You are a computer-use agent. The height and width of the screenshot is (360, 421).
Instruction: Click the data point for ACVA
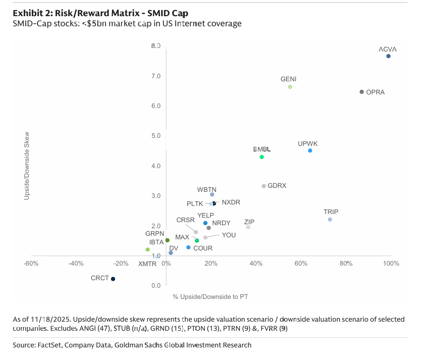tap(388, 56)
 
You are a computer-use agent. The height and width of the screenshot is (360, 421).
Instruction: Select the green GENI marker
tap(290, 87)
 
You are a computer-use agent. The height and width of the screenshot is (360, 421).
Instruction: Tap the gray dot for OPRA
tap(361, 92)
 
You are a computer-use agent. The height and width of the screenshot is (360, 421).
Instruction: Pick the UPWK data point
tap(310, 150)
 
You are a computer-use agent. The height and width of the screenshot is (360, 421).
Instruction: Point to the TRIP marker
tap(330, 220)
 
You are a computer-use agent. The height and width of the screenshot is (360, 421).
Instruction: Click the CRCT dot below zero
tap(113, 279)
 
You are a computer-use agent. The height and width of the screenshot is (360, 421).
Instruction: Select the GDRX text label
tap(277, 186)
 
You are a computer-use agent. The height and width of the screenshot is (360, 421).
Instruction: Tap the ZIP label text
tap(249, 222)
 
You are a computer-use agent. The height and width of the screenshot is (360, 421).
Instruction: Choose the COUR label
tap(203, 248)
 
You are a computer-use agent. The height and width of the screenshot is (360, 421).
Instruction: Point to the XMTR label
tap(148, 264)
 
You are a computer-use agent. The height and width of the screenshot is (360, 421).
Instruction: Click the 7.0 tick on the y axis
tap(155, 76)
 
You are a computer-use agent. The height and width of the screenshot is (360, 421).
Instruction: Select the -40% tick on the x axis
tap(76, 264)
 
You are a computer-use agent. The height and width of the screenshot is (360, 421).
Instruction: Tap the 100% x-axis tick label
tap(391, 264)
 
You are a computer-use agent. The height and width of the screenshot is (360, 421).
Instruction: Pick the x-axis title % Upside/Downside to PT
tap(210, 296)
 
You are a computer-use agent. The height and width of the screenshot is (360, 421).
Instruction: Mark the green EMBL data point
tap(261, 157)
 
